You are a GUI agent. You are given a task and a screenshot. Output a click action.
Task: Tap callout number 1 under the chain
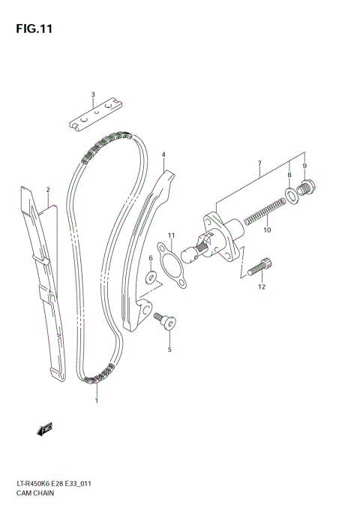[x=96, y=401]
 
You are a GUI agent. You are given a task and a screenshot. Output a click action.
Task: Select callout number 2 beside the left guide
[x=47, y=191]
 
